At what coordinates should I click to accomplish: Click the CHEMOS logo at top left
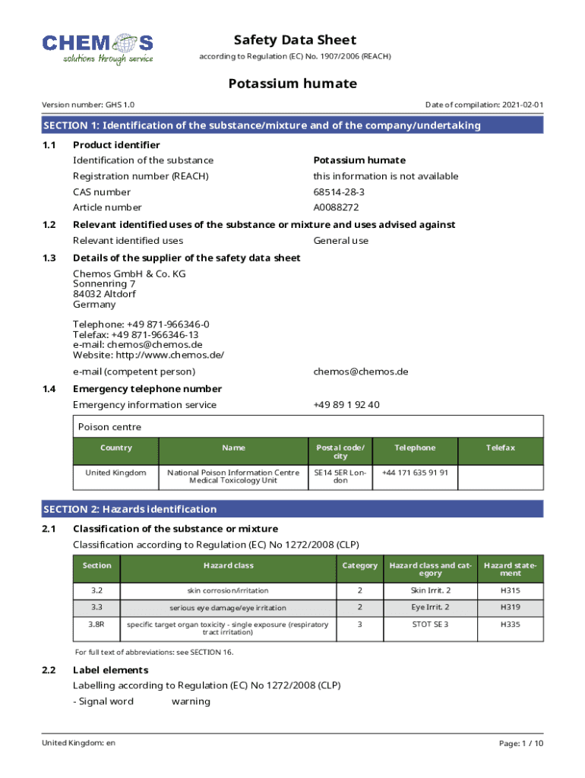(97, 49)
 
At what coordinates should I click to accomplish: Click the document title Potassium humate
(292, 84)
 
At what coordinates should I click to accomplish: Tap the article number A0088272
(336, 207)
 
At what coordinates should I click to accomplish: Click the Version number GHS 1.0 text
(88, 105)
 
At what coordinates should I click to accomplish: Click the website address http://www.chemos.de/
(148, 355)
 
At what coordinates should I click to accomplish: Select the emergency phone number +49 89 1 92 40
(346, 405)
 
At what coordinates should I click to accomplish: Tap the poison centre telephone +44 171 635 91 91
(415, 473)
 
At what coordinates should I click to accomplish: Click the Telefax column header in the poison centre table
(501, 448)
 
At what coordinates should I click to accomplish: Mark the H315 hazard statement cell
(511, 590)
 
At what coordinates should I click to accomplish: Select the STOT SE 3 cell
(430, 624)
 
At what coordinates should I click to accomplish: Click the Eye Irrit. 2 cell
(430, 607)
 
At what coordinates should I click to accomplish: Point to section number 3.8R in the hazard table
(96, 624)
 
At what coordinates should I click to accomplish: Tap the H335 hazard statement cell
(511, 624)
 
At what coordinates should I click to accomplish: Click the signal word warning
(191, 701)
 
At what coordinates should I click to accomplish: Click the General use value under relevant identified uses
(340, 241)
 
